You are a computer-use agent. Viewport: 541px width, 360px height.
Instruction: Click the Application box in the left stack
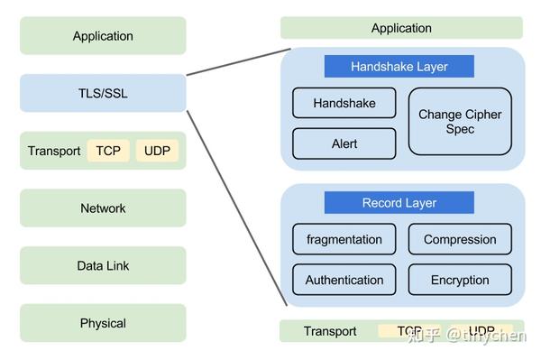click(x=103, y=36)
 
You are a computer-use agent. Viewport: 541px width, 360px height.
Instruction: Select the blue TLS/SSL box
click(x=103, y=93)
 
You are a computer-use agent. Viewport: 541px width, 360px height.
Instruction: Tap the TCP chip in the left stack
click(x=109, y=151)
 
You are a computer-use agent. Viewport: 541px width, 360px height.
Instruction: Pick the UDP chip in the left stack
click(x=157, y=151)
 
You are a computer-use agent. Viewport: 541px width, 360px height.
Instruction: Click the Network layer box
click(x=103, y=208)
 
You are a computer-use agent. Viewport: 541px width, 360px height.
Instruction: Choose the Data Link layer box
click(x=103, y=266)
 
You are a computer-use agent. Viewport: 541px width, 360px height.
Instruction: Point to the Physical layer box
click(x=103, y=323)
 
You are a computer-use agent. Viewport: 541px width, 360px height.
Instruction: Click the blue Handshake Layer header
click(x=399, y=67)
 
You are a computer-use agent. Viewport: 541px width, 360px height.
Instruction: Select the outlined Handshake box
click(x=344, y=103)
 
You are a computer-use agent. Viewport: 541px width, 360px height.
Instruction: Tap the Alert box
click(x=344, y=143)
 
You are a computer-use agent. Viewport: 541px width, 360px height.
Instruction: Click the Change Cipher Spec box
click(x=460, y=122)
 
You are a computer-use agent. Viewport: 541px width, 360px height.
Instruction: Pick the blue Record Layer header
click(x=399, y=203)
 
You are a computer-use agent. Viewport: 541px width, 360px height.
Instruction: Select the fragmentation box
click(x=344, y=239)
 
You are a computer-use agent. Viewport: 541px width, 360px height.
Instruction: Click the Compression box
click(x=460, y=239)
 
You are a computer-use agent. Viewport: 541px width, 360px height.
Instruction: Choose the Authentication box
click(x=344, y=280)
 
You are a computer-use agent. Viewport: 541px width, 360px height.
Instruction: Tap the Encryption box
click(x=460, y=280)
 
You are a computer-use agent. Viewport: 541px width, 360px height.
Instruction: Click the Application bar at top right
click(x=401, y=28)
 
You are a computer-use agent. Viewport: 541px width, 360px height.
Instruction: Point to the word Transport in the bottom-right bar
click(x=329, y=331)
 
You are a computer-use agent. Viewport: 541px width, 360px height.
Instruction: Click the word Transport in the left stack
click(x=54, y=151)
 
